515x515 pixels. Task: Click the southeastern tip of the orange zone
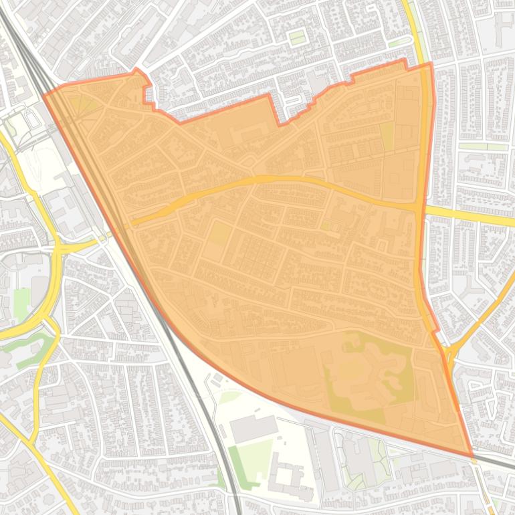pos(472,456)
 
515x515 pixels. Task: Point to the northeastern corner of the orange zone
pos(431,64)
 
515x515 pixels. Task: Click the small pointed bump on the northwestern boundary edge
pos(137,70)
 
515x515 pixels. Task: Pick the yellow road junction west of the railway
pos(58,247)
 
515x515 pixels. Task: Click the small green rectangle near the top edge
pos(297,37)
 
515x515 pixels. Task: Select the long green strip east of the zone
pos(483,146)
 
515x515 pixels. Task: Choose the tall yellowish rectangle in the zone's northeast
pos(387,136)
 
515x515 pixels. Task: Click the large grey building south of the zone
pos(253,428)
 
